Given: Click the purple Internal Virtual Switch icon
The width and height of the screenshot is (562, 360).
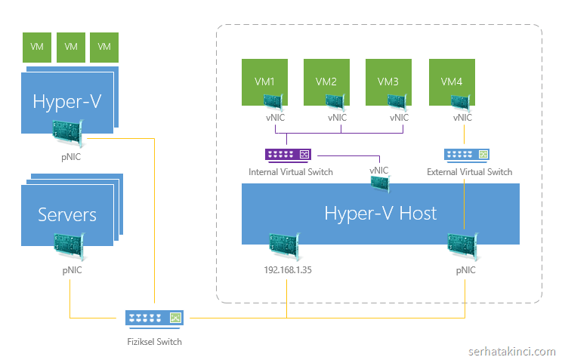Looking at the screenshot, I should point(288,155).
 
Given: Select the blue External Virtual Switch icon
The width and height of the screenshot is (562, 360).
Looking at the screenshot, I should point(466,155).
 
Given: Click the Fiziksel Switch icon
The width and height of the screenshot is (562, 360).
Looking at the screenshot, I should point(153,318).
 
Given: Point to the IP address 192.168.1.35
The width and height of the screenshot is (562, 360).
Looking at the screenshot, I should point(286,269).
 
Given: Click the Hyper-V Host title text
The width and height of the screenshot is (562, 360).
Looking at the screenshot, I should point(380,213).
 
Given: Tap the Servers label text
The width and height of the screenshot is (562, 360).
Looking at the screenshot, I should point(67,214).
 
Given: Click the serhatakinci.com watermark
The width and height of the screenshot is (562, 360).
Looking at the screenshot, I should point(511,352).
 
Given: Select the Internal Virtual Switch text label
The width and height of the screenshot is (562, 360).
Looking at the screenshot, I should point(291,172).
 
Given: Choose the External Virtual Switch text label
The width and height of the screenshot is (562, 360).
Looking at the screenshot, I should point(469,172).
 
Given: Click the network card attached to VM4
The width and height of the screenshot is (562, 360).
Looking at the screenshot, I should point(459,104).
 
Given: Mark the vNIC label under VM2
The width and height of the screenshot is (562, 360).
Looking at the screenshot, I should point(337,118).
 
